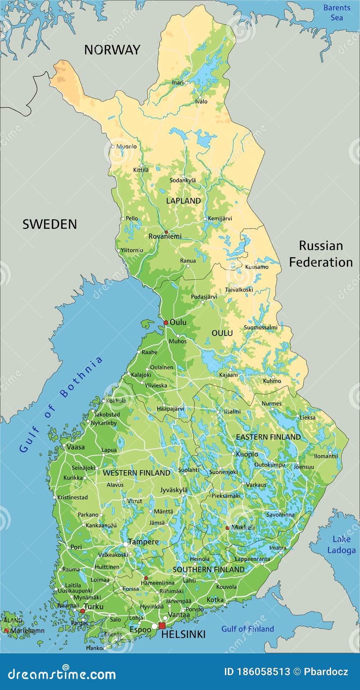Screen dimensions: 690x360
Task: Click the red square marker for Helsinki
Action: (x=162, y=626)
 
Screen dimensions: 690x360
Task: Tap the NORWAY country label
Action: (x=112, y=50)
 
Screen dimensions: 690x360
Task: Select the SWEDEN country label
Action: (x=49, y=224)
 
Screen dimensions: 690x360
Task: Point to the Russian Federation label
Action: (x=321, y=254)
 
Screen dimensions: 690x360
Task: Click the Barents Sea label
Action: (x=337, y=12)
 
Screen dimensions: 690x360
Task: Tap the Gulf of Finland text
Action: (x=247, y=629)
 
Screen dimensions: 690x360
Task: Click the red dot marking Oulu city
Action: (x=166, y=323)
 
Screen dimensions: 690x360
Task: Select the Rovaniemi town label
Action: (x=165, y=236)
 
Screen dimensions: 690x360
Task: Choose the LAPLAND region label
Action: (x=183, y=200)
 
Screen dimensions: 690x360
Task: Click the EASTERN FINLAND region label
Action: (x=268, y=437)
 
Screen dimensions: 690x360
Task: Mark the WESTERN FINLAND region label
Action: (x=136, y=473)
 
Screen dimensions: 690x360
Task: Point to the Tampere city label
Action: (x=143, y=542)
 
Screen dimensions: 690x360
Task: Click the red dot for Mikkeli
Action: (x=227, y=528)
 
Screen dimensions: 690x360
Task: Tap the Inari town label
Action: (x=178, y=82)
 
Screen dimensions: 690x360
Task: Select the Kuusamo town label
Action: (x=257, y=267)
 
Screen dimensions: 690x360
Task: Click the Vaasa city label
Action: (x=76, y=447)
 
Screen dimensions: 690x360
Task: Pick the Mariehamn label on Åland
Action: (x=27, y=630)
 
